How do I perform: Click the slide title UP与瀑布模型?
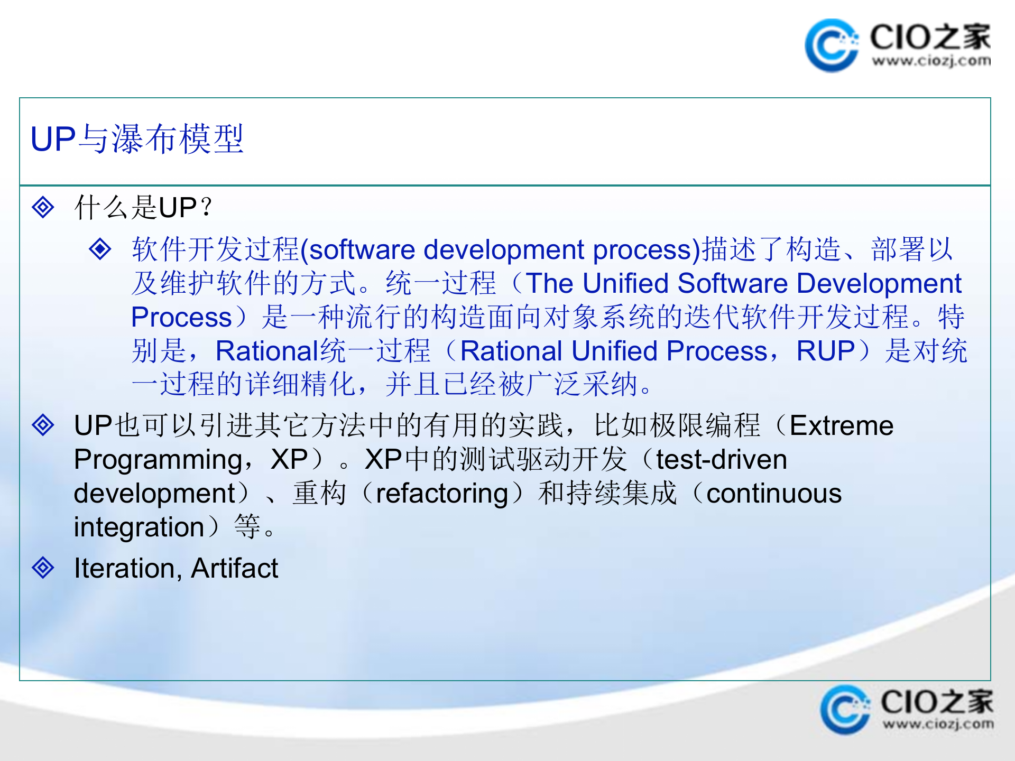tap(137, 140)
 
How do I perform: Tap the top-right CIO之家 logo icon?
tap(831, 45)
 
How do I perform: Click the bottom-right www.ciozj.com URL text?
tap(938, 723)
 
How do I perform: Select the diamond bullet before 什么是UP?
tap(43, 207)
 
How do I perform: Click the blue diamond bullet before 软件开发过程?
tap(100, 249)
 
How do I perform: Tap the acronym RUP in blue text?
tap(825, 351)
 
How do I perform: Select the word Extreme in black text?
tap(841, 426)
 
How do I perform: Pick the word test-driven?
tap(721, 460)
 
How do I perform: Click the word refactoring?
tap(442, 494)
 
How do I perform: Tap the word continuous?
tap(774, 494)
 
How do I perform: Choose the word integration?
tap(139, 527)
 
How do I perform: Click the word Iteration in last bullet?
tap(124, 569)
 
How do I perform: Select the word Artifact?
tap(234, 569)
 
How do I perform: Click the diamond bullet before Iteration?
tap(43, 568)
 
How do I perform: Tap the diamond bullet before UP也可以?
tap(43, 425)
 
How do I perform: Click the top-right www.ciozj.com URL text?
tap(931, 61)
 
